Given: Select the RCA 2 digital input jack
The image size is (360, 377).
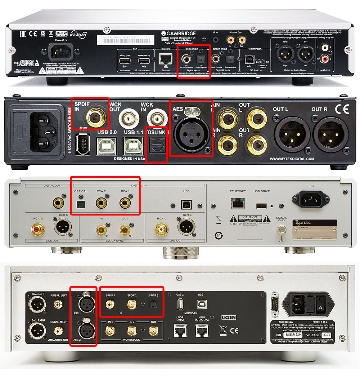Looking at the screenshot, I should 100,204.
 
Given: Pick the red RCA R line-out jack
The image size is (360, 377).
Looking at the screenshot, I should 38,228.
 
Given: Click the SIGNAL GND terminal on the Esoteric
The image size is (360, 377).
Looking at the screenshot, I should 281,230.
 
